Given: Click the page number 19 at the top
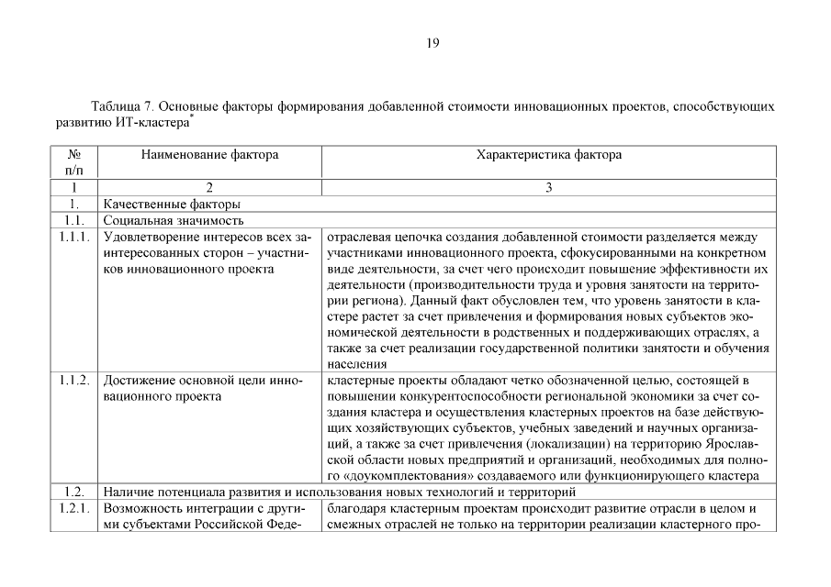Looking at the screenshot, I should [433, 42].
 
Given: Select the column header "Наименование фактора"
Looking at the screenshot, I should [209, 155].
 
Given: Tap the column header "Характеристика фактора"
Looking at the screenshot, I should [548, 155].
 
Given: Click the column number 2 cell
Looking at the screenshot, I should [209, 187].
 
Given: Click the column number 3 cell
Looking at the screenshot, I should [548, 187].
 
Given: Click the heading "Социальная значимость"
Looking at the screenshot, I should [173, 220].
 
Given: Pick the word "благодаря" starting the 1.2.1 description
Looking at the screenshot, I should [354, 508].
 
